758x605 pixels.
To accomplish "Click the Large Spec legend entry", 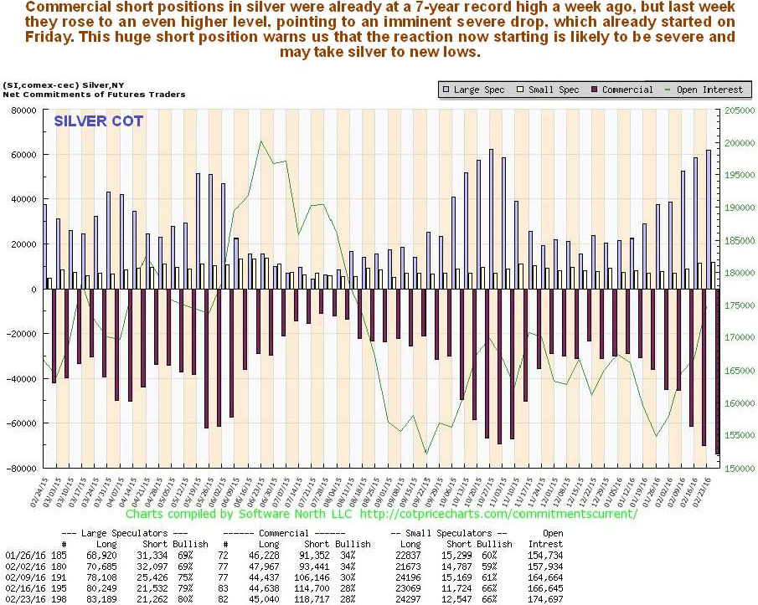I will (478, 90).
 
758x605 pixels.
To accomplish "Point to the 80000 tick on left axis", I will (26, 110).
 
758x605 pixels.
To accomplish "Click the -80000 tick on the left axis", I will (24, 468).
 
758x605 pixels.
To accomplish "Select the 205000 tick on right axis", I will (738, 110).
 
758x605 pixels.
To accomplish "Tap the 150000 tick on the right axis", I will (738, 468).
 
